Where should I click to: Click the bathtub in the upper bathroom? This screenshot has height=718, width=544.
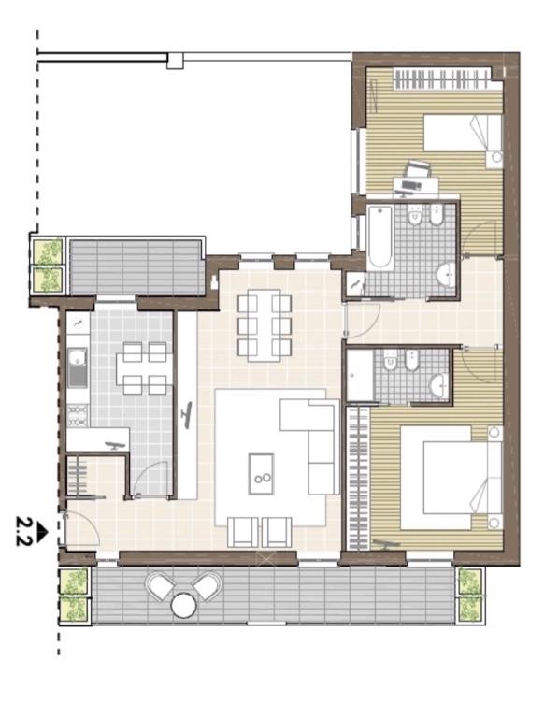380,237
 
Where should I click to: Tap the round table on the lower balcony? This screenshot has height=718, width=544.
183,606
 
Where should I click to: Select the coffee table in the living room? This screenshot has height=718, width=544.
262,474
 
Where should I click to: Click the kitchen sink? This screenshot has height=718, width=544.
78,367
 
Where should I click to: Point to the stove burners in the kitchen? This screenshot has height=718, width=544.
78,415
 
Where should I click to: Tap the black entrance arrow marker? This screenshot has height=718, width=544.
42,532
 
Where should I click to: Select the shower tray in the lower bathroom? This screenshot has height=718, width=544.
360,376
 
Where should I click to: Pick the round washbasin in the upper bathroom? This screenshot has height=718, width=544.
446,275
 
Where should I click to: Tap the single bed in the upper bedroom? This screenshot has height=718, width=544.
463,133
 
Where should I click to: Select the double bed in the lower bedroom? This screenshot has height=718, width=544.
451,478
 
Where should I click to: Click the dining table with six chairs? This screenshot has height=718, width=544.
265,325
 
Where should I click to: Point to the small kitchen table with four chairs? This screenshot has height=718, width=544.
144,368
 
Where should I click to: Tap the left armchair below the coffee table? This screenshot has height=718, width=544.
243,532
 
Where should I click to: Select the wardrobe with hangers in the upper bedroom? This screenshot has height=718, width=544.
441,79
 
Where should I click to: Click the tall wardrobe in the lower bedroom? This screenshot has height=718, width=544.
359,478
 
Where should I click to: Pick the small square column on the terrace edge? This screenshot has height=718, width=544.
175,61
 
